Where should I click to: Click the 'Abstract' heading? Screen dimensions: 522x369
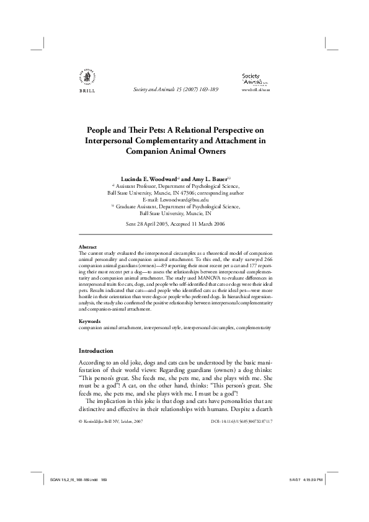click(x=89, y=246)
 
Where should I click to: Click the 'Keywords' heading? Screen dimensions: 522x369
click(x=90, y=321)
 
